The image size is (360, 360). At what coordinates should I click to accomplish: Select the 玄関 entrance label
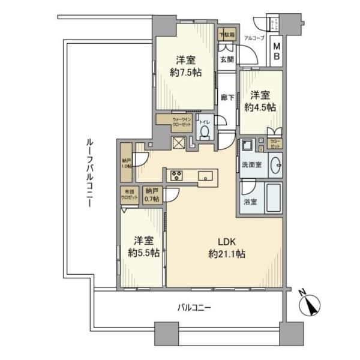(226, 59)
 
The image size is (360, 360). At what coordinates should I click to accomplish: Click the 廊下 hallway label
(226, 97)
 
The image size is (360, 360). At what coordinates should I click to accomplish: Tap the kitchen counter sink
(206, 176)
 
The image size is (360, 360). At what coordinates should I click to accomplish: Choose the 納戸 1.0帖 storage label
(125, 163)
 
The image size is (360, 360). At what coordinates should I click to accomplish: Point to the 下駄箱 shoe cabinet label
(227, 35)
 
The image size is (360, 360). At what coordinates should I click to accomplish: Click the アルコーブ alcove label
(253, 38)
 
